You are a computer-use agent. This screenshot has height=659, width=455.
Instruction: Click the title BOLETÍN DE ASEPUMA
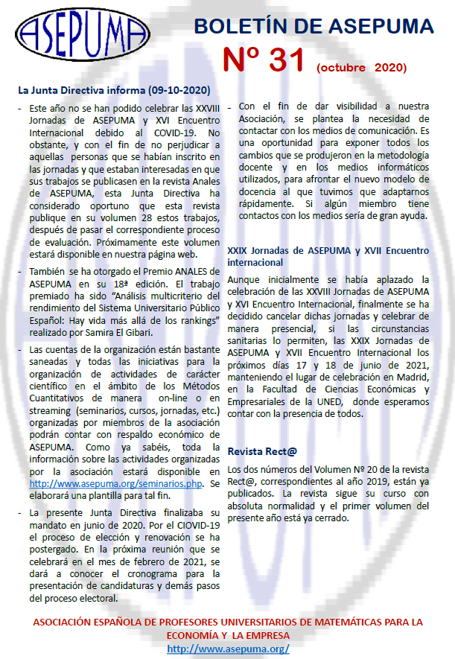click(x=314, y=27)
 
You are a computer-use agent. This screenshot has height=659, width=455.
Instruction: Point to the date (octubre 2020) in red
click(x=362, y=68)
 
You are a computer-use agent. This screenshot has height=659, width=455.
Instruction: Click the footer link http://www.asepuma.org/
click(x=229, y=649)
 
